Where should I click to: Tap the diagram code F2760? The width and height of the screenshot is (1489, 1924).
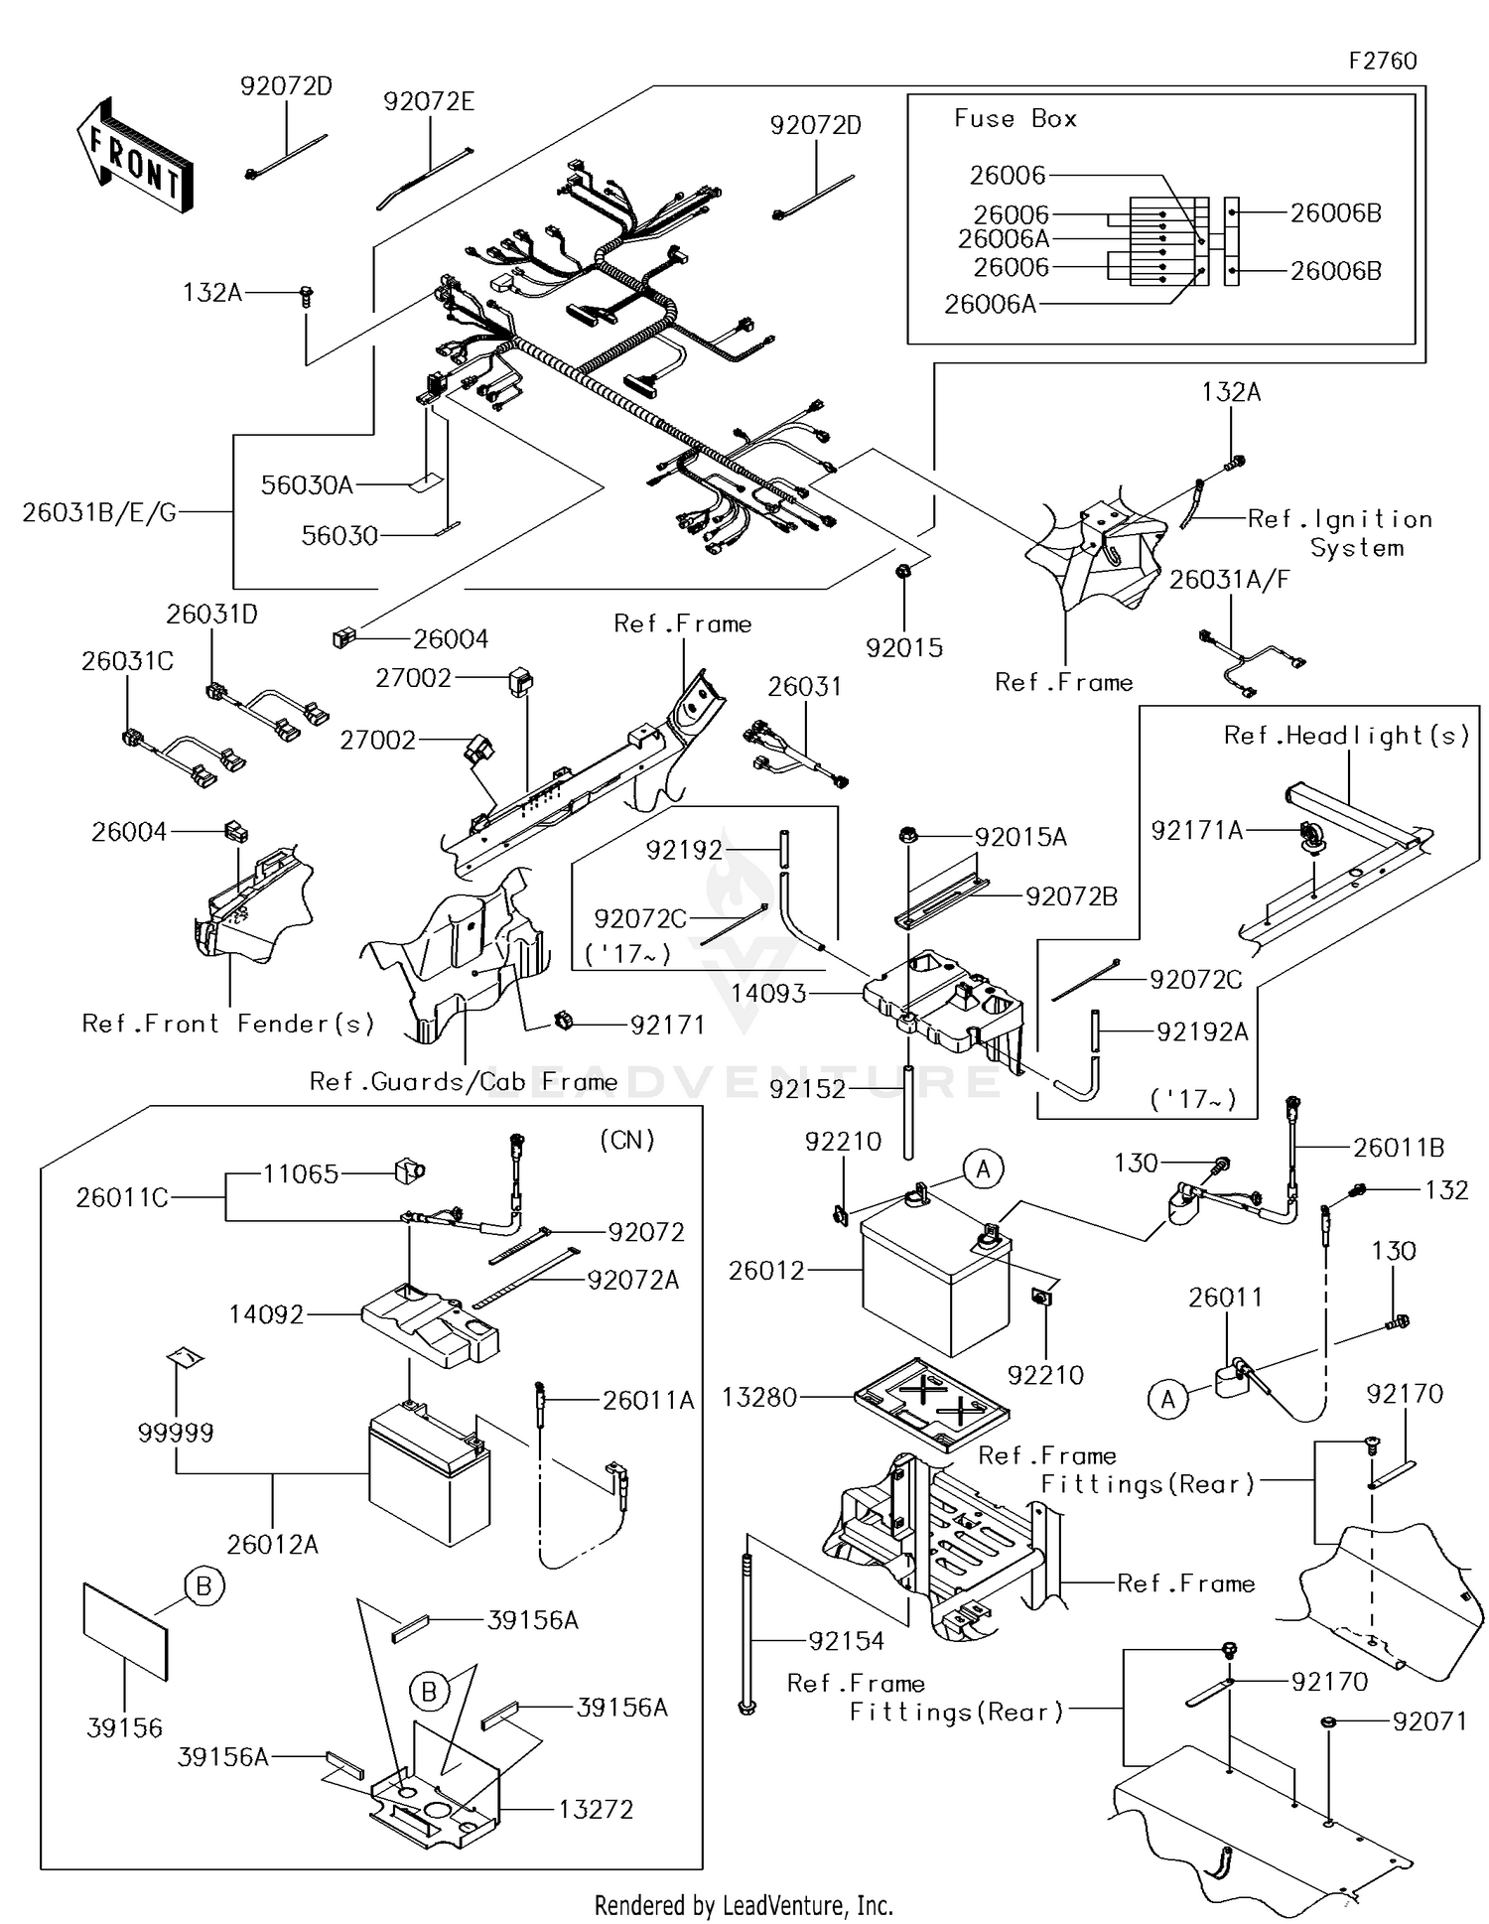1382,61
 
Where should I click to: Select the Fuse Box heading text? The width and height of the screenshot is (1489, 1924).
1015,119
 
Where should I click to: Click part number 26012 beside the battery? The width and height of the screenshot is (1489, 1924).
765,1271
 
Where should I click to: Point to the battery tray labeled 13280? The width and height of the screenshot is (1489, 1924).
931,1403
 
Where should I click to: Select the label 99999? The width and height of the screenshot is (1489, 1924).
175,1432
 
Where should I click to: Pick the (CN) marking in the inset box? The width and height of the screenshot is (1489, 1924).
627,1140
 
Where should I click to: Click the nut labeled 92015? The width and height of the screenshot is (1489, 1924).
903,573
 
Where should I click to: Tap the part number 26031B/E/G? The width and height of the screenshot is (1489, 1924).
99,512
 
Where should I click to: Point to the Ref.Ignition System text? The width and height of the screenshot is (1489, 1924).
1339,533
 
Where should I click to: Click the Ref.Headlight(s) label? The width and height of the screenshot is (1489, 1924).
1346,736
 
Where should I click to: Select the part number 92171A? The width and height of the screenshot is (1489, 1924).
1196,830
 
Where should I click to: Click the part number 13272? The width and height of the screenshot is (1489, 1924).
596,1809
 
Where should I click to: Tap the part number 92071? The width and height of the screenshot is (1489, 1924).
1428,1721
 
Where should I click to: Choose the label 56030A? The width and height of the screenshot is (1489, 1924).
307,484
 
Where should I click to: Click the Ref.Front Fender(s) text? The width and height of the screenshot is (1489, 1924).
227,1024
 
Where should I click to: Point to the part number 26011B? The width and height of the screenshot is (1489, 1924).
1399,1148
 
